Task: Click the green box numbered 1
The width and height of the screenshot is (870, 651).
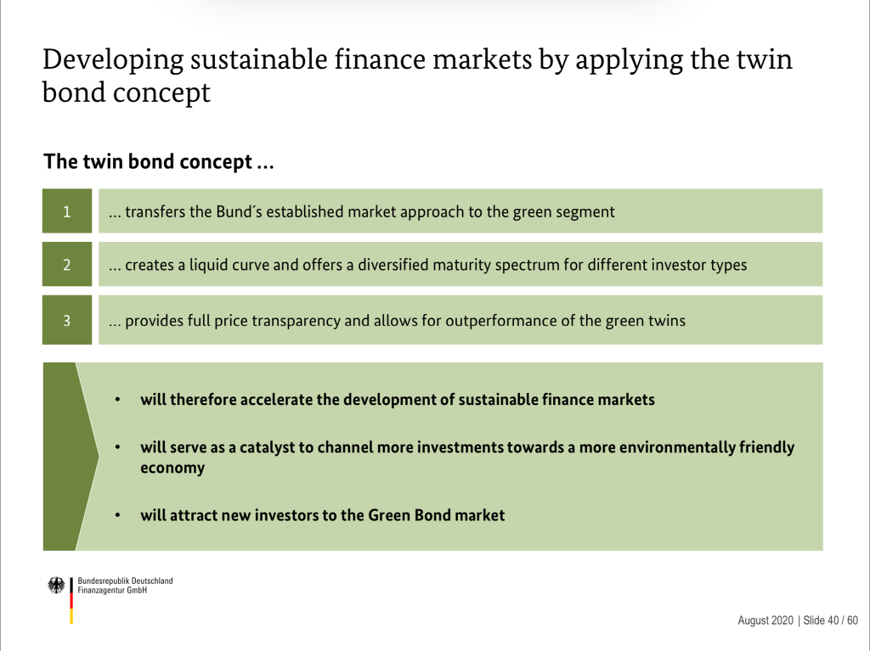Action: click(67, 210)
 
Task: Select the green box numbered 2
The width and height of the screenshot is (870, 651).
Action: click(67, 264)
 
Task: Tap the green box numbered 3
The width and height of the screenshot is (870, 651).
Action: click(67, 320)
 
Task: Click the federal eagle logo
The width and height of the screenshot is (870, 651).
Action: click(56, 585)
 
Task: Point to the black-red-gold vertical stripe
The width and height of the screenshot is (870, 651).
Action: click(71, 601)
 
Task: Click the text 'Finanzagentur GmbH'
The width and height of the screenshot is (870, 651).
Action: click(112, 591)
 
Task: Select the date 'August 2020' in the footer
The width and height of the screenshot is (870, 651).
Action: click(765, 620)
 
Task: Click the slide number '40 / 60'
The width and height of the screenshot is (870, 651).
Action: click(843, 620)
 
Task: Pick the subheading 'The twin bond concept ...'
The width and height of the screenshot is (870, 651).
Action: click(159, 161)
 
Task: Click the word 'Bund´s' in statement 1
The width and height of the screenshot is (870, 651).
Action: click(239, 212)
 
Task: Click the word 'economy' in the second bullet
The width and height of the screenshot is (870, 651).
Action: click(172, 469)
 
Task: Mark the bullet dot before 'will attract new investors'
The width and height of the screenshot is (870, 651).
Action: click(117, 515)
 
